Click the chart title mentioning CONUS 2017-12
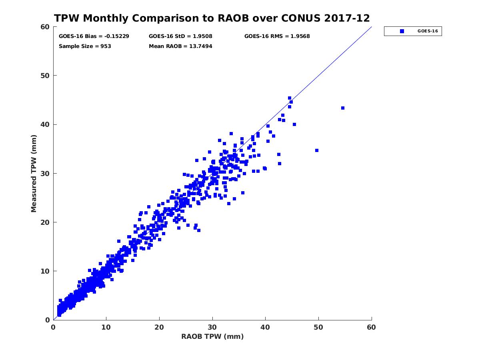tap(212, 18)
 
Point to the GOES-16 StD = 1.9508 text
tap(180, 36)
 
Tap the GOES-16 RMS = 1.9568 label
tap(277, 36)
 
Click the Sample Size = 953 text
tap(85, 46)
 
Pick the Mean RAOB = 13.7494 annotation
tap(180, 46)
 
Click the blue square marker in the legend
tap(402, 31)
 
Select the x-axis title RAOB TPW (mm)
tap(212, 336)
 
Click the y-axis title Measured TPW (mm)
tap(34, 173)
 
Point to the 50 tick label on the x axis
tap(318, 328)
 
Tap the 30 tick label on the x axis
tap(212, 328)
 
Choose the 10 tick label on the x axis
tap(106, 328)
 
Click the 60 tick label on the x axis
tap(372, 328)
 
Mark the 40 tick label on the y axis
tap(45, 124)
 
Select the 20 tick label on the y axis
tap(45, 222)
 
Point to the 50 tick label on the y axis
tap(45, 76)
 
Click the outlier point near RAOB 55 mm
tap(343, 108)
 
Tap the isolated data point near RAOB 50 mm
tap(317, 150)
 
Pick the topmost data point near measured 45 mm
tap(290, 98)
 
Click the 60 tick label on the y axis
tap(45, 27)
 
